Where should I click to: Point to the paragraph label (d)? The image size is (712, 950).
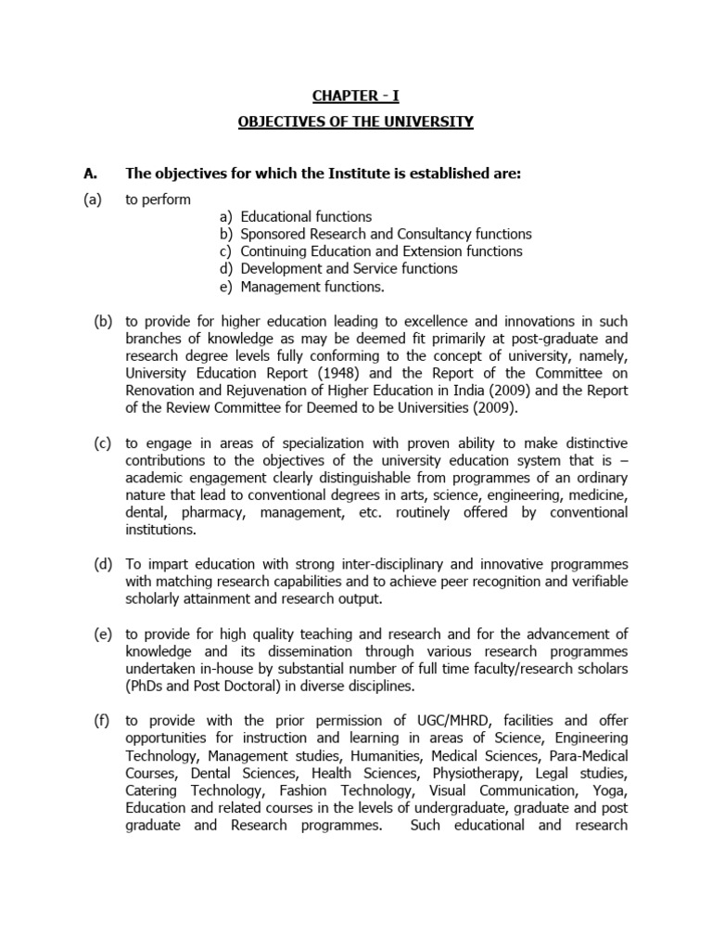click(102, 565)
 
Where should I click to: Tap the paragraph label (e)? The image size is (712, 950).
click(102, 635)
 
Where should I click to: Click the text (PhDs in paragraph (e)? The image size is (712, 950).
click(146, 687)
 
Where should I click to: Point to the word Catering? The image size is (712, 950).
click(153, 790)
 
